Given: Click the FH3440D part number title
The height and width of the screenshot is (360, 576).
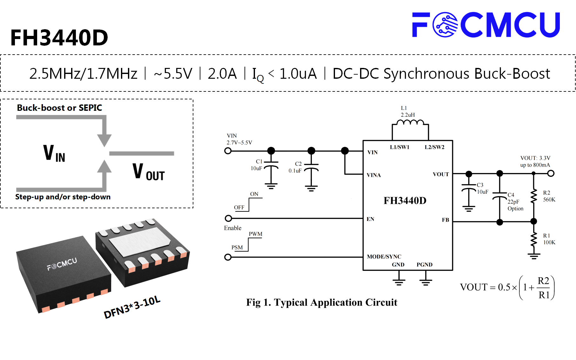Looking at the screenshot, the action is [59, 38].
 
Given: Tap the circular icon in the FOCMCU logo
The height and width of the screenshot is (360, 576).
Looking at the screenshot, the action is [445, 25].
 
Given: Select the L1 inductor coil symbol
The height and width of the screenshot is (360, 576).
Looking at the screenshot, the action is [410, 123].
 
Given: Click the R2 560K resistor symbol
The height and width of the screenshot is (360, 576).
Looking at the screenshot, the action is [534, 196].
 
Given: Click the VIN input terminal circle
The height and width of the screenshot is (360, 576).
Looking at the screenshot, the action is [228, 151].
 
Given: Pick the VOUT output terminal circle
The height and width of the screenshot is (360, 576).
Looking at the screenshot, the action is [551, 173].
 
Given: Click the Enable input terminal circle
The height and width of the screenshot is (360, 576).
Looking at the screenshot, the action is [228, 218].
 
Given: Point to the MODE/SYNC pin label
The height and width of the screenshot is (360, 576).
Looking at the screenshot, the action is [384, 257].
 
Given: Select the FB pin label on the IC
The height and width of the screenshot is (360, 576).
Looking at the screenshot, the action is [445, 220].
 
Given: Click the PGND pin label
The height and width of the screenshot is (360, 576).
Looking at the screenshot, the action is [425, 264].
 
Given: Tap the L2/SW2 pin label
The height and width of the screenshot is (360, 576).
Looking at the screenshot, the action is [434, 147].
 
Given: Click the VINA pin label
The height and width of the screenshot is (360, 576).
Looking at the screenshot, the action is [374, 175].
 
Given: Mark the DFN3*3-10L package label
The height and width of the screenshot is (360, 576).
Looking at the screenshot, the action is [132, 307].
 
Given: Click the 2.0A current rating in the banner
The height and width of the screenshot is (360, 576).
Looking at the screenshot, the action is [222, 74].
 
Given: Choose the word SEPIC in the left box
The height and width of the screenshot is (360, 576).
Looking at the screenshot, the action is [90, 108].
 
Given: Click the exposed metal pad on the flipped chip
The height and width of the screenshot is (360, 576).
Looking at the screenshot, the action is [140, 242].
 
